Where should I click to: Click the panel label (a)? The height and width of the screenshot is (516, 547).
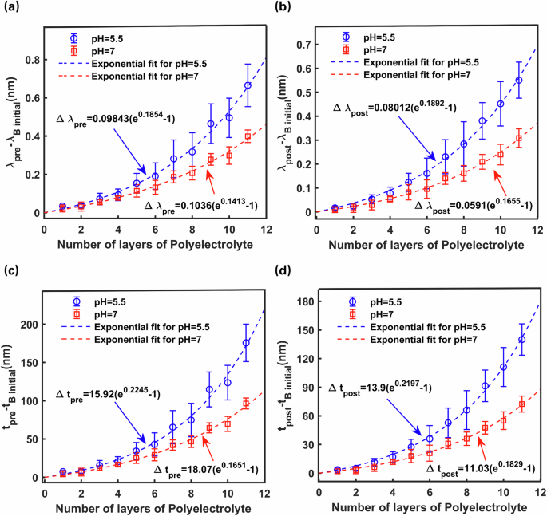10,9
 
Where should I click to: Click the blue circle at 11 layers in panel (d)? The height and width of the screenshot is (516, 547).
522,339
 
